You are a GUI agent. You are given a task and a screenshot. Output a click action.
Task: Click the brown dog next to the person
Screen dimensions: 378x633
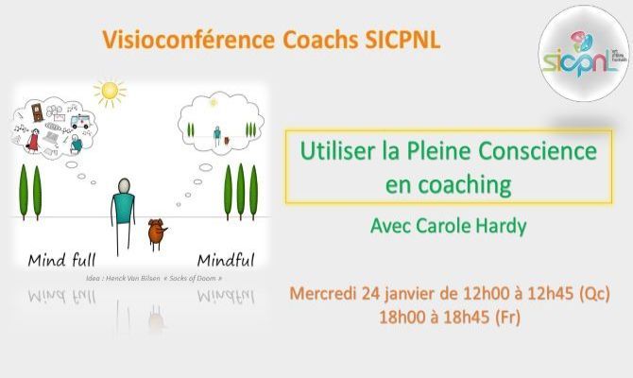coord(156,231)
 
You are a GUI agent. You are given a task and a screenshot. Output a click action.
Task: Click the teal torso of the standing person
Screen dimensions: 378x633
coord(123,209)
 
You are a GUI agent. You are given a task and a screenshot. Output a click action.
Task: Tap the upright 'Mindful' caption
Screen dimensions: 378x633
coord(225,259)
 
